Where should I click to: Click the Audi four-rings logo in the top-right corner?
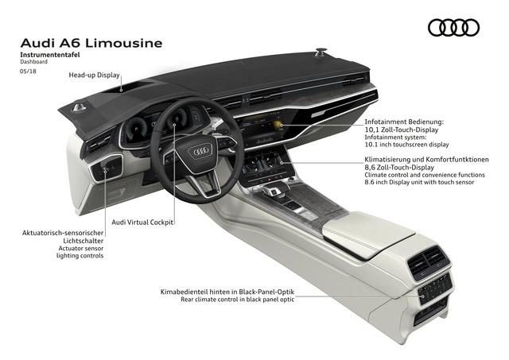point(453,28)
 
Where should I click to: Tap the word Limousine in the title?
point(128,41)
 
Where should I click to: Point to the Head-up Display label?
point(94,75)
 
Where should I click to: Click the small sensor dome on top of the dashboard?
point(321,53)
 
